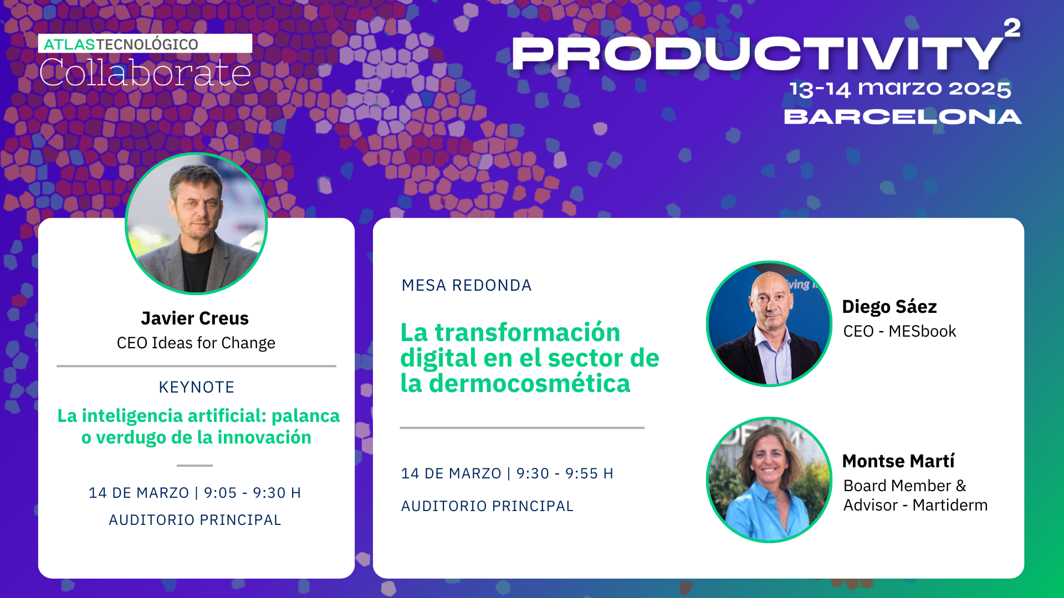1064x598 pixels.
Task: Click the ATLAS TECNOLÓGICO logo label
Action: click(x=121, y=44)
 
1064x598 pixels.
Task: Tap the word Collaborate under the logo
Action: click(x=145, y=73)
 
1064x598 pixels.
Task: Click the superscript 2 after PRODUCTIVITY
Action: click(x=1012, y=28)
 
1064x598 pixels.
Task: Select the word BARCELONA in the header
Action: click(x=903, y=117)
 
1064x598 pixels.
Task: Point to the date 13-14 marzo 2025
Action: click(x=900, y=89)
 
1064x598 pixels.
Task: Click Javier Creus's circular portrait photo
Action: click(x=196, y=224)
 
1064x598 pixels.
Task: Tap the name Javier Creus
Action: click(x=195, y=318)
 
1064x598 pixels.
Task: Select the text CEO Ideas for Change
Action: click(x=196, y=343)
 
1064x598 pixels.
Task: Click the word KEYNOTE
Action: click(x=196, y=387)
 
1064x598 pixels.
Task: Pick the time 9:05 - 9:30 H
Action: click(x=252, y=493)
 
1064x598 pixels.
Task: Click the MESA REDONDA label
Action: click(x=466, y=285)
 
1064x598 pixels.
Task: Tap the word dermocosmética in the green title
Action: click(x=529, y=384)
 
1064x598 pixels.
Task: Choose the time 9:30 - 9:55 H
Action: click(x=565, y=473)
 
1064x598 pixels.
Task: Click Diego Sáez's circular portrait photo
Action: click(x=769, y=324)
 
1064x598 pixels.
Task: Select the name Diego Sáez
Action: click(x=889, y=306)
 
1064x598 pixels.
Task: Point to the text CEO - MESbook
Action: click(x=899, y=331)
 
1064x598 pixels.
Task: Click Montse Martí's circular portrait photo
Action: click(x=769, y=480)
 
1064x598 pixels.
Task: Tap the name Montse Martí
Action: click(x=898, y=461)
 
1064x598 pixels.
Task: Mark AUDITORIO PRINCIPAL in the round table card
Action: click(x=487, y=506)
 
